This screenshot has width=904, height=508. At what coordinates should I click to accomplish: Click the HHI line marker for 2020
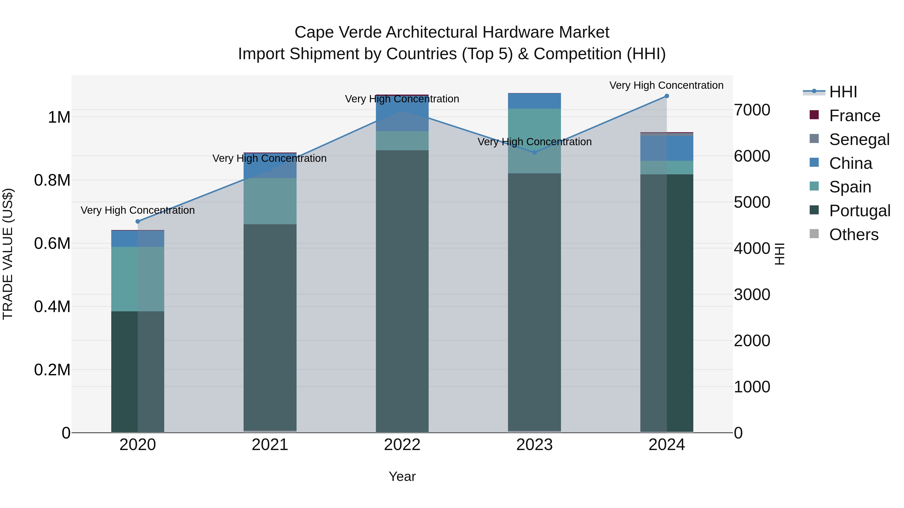click(x=138, y=221)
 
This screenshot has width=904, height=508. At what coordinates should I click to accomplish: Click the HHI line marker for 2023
click(x=534, y=153)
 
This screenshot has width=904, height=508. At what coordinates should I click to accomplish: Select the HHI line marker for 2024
click(x=667, y=96)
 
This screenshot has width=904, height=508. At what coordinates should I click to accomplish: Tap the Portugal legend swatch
click(x=814, y=210)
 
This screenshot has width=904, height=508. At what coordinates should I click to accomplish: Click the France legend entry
click(x=854, y=116)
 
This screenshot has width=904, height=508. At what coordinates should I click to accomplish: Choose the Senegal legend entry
click(x=859, y=139)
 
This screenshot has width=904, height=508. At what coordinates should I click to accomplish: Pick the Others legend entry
click(x=854, y=235)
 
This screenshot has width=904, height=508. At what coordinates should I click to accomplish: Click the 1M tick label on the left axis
click(x=59, y=117)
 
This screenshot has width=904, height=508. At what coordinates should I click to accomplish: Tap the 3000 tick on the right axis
click(x=752, y=295)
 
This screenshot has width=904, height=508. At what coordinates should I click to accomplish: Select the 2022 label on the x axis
click(x=402, y=445)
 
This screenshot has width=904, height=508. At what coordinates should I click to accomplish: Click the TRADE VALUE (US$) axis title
click(x=8, y=254)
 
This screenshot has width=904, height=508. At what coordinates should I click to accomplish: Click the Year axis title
click(x=402, y=476)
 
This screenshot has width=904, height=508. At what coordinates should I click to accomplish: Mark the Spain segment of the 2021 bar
click(x=270, y=201)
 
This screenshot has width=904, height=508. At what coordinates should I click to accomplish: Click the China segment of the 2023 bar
click(x=534, y=101)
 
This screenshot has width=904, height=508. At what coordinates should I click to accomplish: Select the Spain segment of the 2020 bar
click(x=138, y=279)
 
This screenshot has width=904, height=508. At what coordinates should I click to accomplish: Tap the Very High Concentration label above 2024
click(x=666, y=85)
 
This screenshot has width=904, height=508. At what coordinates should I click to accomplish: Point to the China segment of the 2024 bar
click(x=667, y=148)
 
